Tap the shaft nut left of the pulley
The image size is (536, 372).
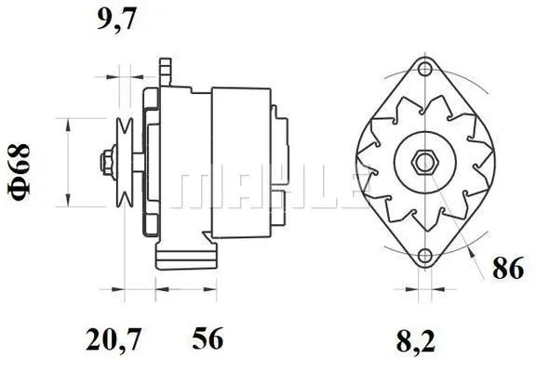pyautogui.click(x=104, y=159)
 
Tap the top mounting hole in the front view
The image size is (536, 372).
pyautogui.click(x=426, y=68)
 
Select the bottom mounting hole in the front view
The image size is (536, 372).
pyautogui.click(x=426, y=256)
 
